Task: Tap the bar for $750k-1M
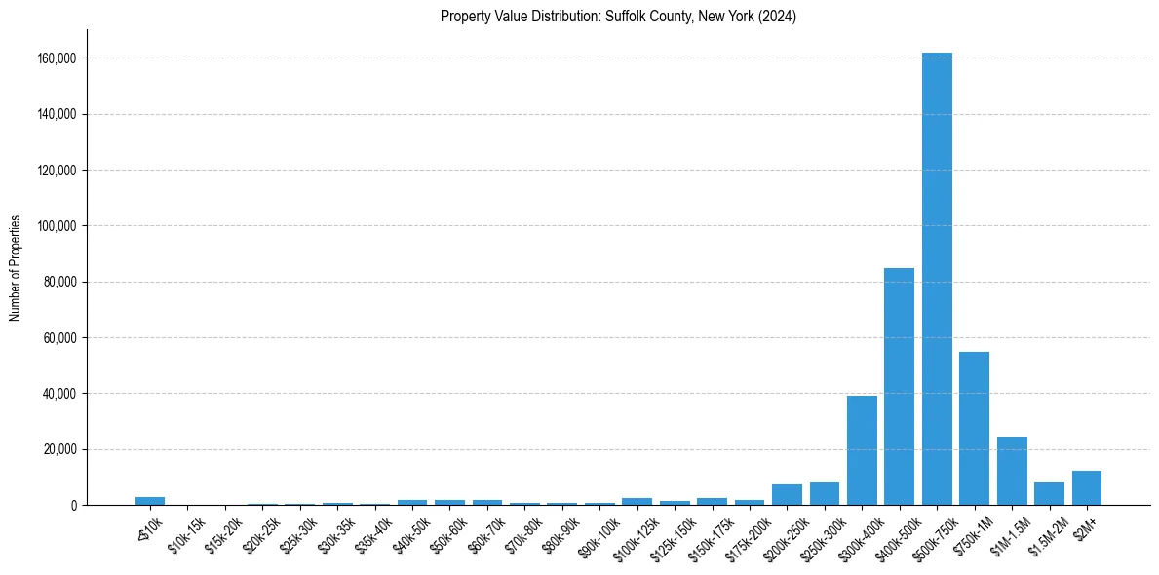[974, 428]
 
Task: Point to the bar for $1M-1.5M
[1012, 471]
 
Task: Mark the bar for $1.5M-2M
[1049, 493]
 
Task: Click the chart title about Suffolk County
[618, 17]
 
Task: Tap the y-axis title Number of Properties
[16, 268]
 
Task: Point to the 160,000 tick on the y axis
[57, 58]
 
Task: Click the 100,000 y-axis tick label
[57, 226]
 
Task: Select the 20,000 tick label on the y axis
[59, 449]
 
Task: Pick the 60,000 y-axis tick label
[59, 338]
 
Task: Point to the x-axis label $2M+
[1086, 526]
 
